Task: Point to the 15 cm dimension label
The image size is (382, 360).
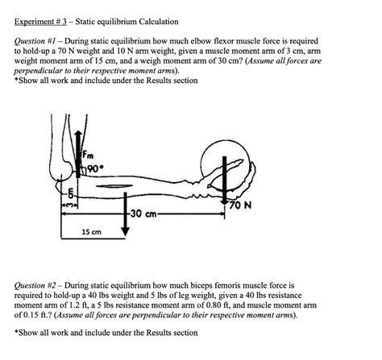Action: (x=92, y=232)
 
